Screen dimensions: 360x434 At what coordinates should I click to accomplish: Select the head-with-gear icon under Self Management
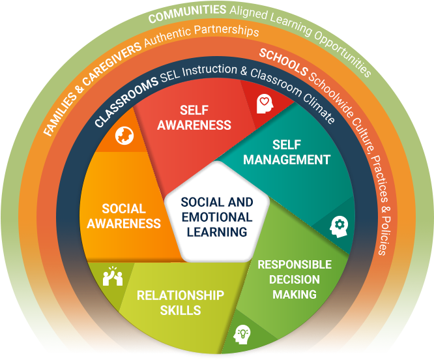pos(339,226)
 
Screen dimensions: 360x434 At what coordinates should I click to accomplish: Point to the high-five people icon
pos(113,277)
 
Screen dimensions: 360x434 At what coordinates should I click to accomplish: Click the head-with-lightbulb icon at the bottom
pos(242,334)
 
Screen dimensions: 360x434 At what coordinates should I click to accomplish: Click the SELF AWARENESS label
pos(194,117)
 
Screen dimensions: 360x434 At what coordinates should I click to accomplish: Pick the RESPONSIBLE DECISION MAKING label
pos(295,279)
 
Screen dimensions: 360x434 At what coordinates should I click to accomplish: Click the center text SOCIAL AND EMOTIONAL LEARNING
pos(217,217)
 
